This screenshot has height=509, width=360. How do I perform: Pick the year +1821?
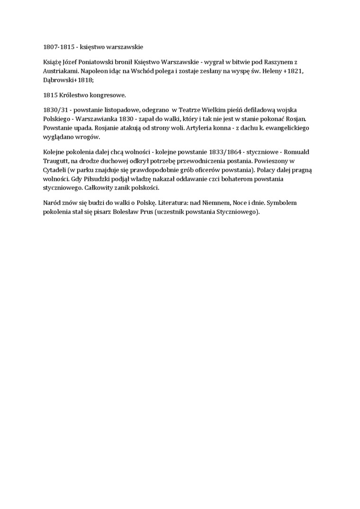coord(294,71)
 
